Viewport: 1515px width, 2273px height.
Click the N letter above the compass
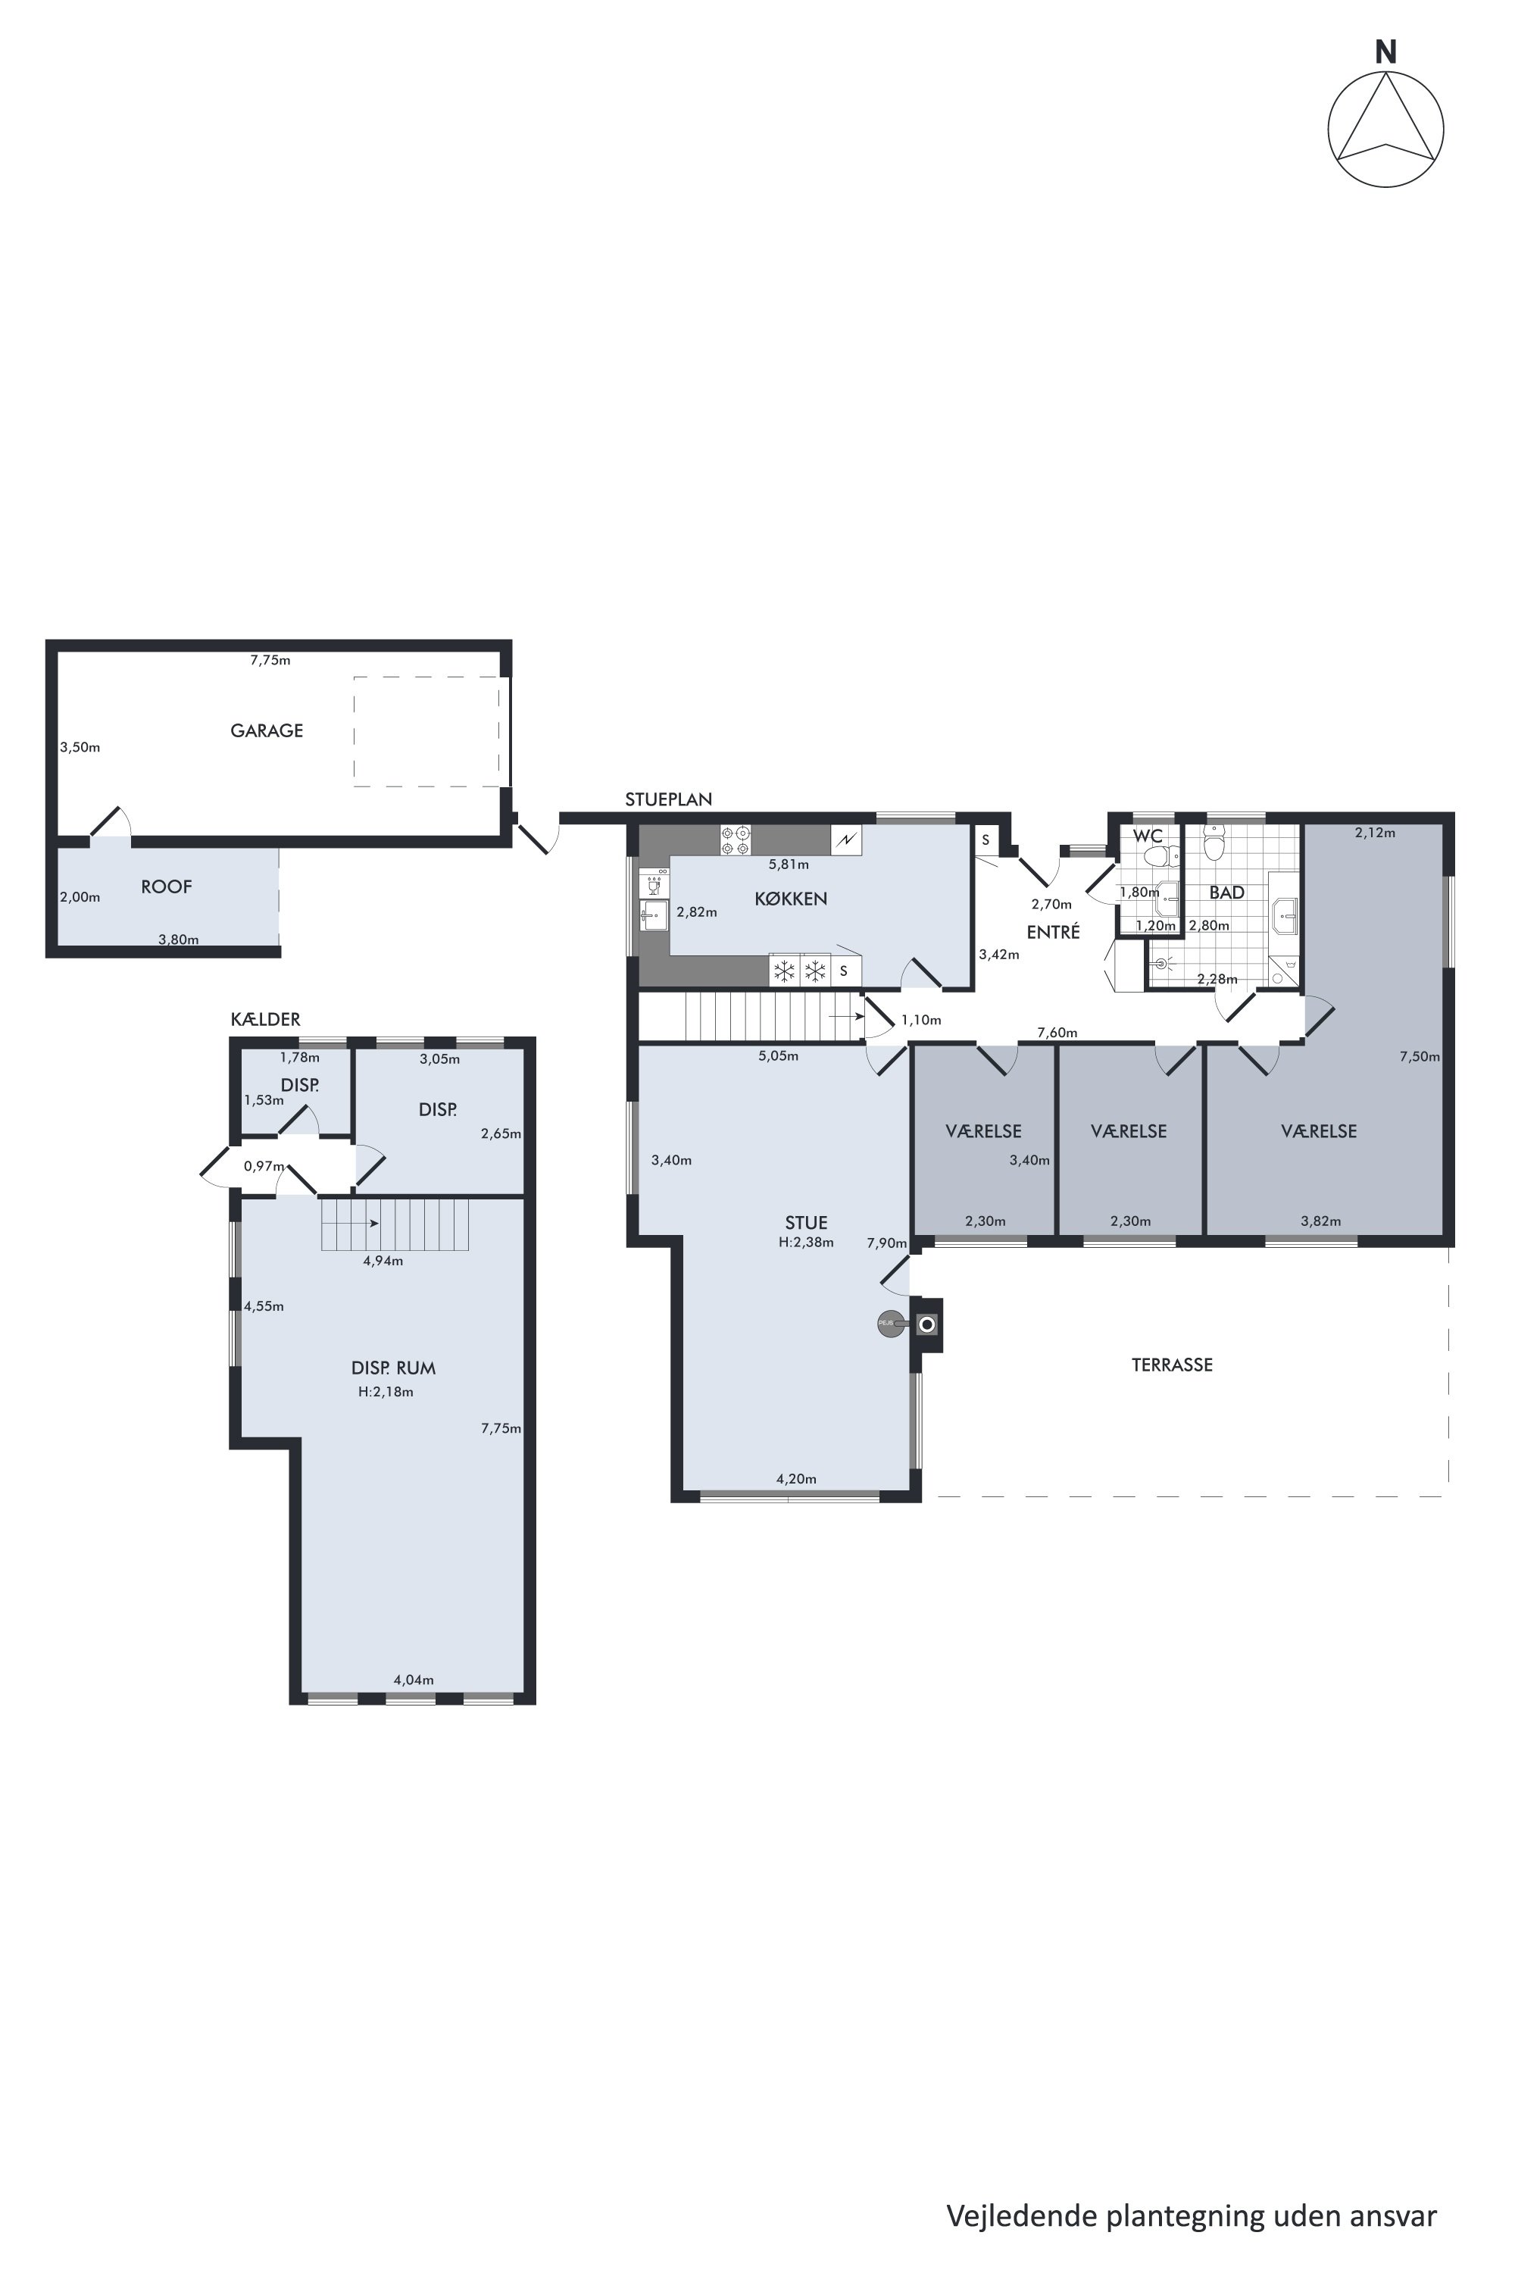coord(1385,53)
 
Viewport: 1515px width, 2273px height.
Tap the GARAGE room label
coord(267,730)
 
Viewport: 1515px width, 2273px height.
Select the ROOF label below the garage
coord(166,886)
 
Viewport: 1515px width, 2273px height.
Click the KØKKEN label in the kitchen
coord(790,899)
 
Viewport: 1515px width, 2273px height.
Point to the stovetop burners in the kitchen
coord(736,839)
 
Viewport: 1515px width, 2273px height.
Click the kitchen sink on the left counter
coord(654,915)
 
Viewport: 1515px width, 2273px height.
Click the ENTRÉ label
coord(1053,933)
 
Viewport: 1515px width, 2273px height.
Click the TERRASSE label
coord(1172,1365)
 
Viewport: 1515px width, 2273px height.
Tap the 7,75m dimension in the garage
coord(270,660)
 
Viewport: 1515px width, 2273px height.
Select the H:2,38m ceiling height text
coord(806,1242)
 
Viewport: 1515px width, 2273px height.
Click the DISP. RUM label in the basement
coord(393,1368)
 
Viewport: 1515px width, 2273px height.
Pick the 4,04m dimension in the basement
coord(414,1680)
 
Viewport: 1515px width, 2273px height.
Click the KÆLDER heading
coord(266,1020)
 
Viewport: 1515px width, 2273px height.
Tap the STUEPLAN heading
coord(669,799)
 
